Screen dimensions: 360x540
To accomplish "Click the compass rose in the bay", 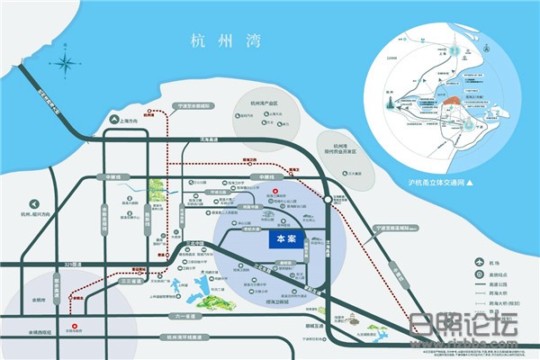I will tap(66, 64).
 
